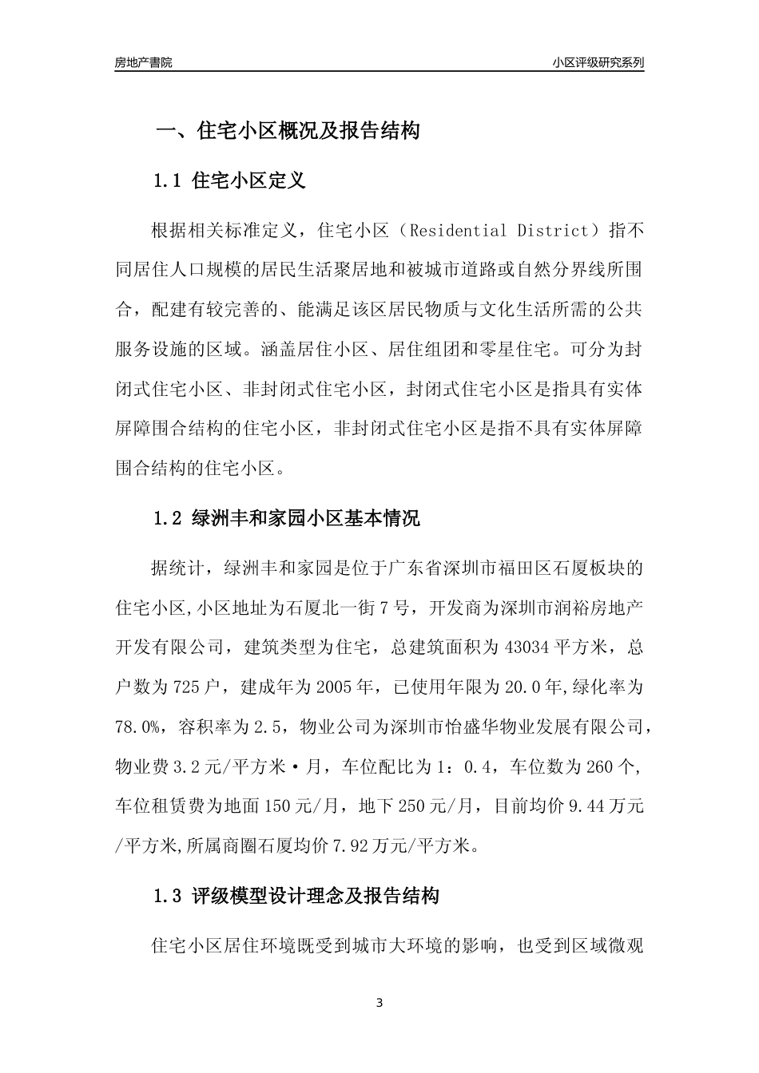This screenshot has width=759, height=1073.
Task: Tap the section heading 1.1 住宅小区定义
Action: pyautogui.click(x=229, y=180)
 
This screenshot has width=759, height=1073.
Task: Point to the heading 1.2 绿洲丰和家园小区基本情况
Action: pyautogui.click(x=286, y=518)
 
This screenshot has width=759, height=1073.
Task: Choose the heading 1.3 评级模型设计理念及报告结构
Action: pyautogui.click(x=296, y=896)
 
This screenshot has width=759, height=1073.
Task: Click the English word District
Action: pyautogui.click(x=551, y=232)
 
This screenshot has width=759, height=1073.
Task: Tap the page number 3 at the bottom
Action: pyautogui.click(x=379, y=1003)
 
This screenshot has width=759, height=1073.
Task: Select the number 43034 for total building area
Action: pyautogui.click(x=527, y=647)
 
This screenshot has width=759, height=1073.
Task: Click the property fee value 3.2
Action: pyautogui.click(x=199, y=767)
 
